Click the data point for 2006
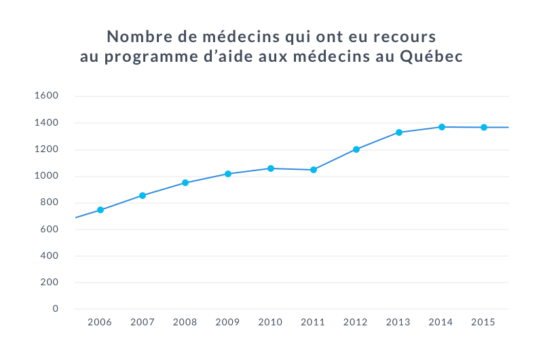tap(100, 210)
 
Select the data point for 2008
tap(185, 183)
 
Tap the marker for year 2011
tap(314, 170)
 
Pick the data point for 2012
tap(356, 149)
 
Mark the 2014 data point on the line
tap(441, 127)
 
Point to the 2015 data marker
tap(484, 127)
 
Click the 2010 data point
tap(271, 168)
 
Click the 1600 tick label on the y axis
tap(46, 96)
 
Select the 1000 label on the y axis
tap(46, 176)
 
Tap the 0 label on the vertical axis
tap(56, 309)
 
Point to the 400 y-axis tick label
tap(49, 256)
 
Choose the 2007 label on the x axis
tap(143, 322)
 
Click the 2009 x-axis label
tap(228, 322)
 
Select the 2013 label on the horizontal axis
tap(398, 322)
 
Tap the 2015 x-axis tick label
tap(483, 322)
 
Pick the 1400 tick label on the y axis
tap(46, 123)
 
